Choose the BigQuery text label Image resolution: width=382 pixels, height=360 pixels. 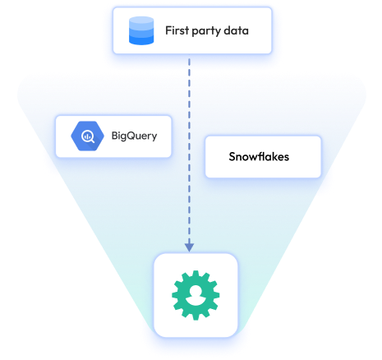tap(134, 136)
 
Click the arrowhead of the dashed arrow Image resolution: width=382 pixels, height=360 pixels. tap(190, 246)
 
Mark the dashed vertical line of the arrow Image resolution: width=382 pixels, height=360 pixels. tap(190, 148)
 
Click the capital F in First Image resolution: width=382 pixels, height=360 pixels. tap(168, 32)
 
